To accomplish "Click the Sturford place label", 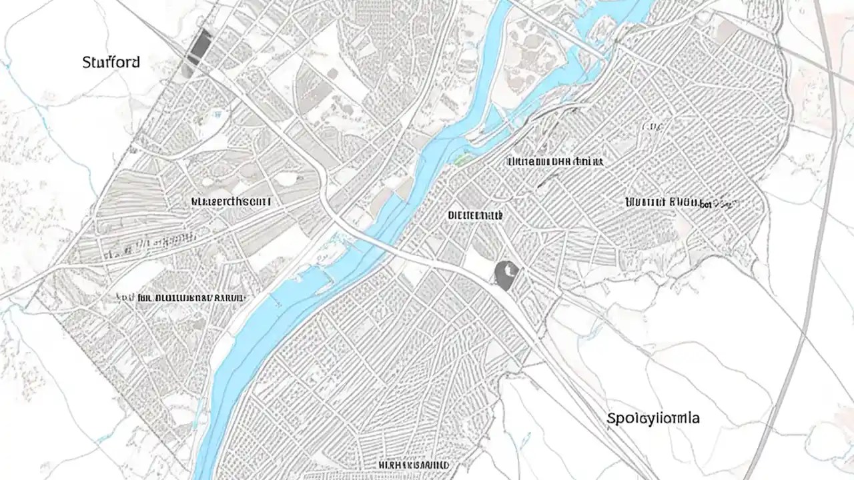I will (x=111, y=63).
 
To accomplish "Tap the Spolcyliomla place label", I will (x=653, y=419).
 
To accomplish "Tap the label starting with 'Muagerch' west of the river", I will (x=231, y=200).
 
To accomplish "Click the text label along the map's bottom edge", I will (x=414, y=465).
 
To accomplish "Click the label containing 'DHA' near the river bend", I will (x=555, y=161).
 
